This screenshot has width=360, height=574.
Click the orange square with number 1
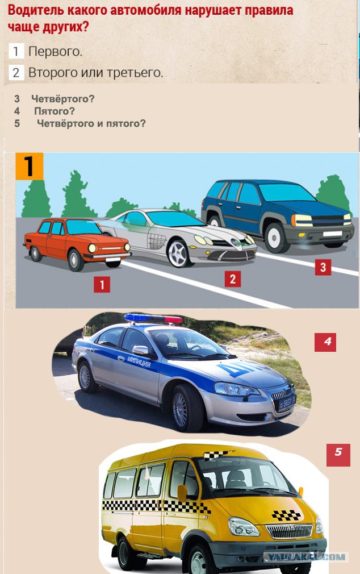pos(30,167)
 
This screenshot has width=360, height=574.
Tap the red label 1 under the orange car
pos(102,284)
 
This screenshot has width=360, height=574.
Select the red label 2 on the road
pos(233,279)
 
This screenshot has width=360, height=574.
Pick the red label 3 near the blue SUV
pos(323,267)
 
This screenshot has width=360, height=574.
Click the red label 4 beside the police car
pos(325,342)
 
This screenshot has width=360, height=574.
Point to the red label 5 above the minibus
pos(338,455)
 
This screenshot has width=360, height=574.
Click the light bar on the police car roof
pos(153,319)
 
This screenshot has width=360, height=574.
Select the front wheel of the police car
pos(185,408)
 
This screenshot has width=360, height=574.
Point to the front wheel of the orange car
pos(76,260)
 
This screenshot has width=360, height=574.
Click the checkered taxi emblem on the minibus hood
pos(286,515)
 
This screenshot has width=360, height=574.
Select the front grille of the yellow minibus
pos(290,531)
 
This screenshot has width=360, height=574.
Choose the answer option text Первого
pos(55,52)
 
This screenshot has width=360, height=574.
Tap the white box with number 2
pos(16,73)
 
